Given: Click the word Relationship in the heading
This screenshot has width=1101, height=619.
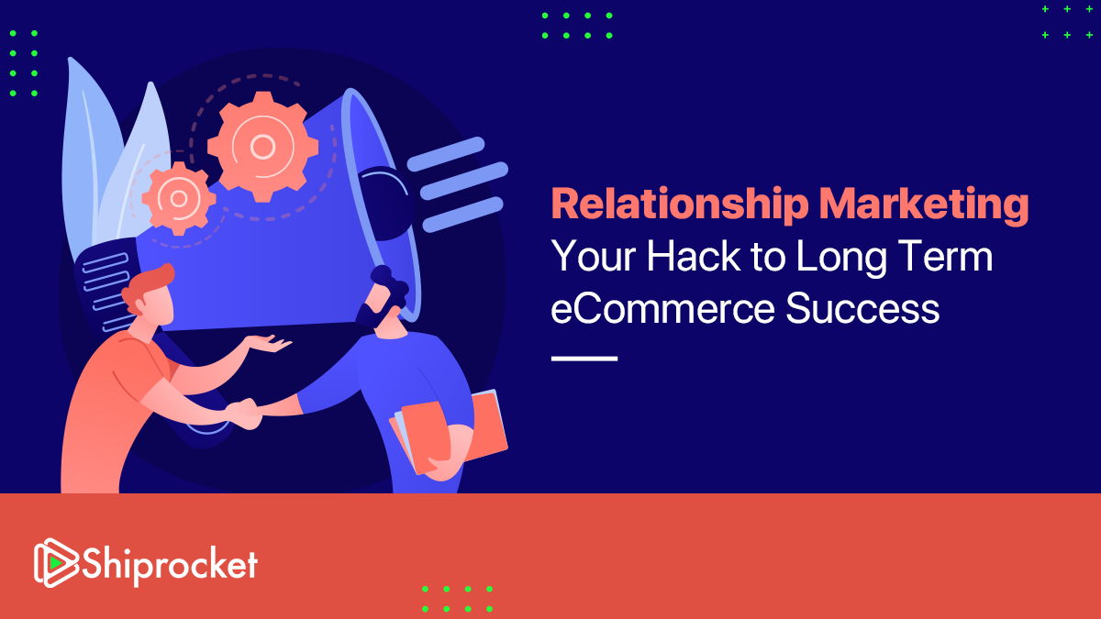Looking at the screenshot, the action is click(680, 205).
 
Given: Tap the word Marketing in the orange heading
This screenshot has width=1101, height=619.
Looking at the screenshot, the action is click(924, 205).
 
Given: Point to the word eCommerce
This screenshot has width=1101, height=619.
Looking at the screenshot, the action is click(663, 308).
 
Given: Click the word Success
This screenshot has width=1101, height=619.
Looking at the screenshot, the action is click(862, 308).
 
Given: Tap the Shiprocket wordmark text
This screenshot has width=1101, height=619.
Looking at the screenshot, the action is click(170, 565).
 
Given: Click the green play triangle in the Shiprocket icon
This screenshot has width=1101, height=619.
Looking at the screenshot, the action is click(56, 562).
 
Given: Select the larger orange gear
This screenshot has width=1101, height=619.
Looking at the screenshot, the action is click(263, 147).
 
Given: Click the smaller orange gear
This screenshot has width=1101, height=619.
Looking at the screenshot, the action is click(179, 198).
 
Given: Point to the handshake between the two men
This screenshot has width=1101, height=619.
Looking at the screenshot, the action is click(244, 414).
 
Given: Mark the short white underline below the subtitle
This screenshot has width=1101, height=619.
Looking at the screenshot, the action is click(584, 359).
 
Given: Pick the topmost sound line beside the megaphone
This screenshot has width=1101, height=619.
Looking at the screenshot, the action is click(446, 154).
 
